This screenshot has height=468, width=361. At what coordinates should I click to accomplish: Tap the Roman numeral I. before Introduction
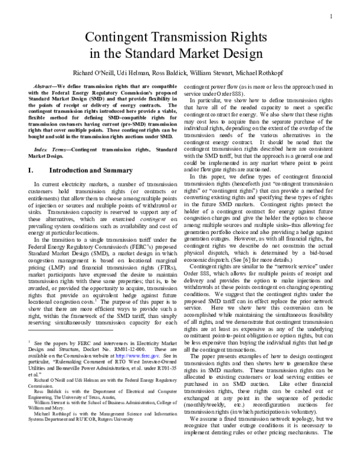31,171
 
